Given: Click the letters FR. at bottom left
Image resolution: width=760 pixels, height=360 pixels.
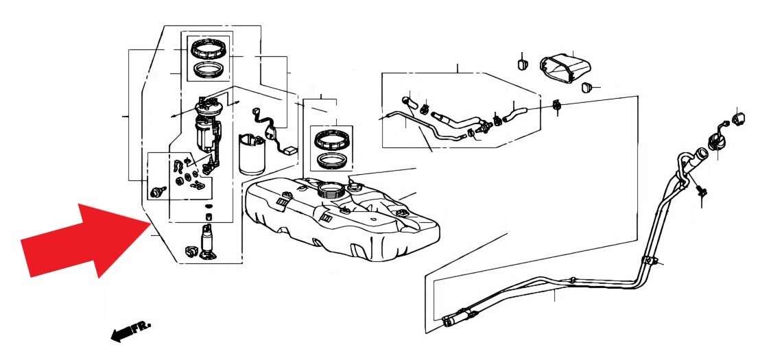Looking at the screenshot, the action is [x=143, y=326].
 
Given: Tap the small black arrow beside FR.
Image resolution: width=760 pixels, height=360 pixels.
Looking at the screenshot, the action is [x=121, y=334].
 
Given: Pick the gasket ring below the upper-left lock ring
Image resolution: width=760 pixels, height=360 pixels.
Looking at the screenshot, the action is [x=209, y=70].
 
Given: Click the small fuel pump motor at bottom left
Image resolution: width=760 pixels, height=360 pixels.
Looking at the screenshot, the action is [x=208, y=240].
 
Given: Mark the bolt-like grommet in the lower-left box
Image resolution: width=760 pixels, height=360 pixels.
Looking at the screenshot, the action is [x=157, y=191].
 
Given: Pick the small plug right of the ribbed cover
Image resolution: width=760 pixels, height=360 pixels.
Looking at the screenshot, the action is [x=586, y=87].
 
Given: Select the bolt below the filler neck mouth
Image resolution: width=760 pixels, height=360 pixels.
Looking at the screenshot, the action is [x=700, y=191].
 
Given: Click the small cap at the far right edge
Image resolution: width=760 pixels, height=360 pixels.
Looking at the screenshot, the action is [x=740, y=119].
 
